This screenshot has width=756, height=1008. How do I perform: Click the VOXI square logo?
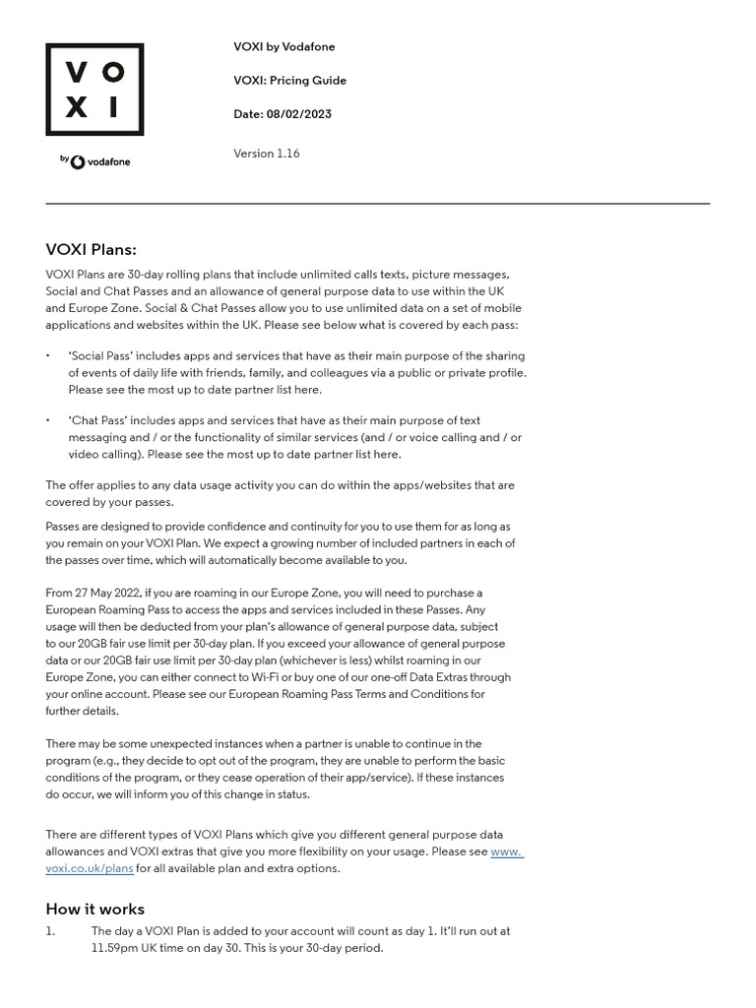(x=94, y=90)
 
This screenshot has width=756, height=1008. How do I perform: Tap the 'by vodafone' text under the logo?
(x=94, y=160)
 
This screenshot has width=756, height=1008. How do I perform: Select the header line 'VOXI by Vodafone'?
(x=283, y=47)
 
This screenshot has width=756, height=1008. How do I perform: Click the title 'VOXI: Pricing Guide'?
(x=289, y=81)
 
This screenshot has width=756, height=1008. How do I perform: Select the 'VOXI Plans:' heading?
(x=91, y=250)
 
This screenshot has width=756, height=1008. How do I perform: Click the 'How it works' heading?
(x=94, y=909)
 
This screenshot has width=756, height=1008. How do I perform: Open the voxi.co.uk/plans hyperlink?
(x=90, y=868)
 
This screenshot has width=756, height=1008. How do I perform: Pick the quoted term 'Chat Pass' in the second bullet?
(x=96, y=421)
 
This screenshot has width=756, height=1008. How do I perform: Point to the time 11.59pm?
(x=118, y=948)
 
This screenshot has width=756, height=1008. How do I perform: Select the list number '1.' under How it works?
(x=51, y=931)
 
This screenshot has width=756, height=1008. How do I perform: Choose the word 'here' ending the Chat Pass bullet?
(x=386, y=455)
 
